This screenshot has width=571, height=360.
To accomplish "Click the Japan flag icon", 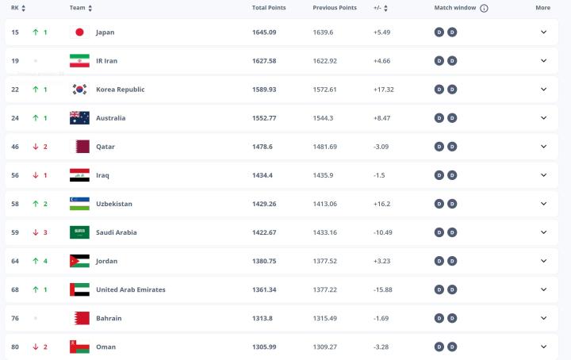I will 79,33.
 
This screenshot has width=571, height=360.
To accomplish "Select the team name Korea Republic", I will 120,90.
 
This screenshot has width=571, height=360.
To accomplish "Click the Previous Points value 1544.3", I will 324,118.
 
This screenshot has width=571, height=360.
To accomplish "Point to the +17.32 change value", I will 384,90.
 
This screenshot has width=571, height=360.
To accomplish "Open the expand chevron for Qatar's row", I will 543,147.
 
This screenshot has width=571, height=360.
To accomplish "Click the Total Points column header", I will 268,7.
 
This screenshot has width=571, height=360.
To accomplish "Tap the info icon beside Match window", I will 484,8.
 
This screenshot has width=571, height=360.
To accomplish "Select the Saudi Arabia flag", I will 79,232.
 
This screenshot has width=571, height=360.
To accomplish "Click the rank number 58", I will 15,204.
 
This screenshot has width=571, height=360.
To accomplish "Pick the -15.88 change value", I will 385,289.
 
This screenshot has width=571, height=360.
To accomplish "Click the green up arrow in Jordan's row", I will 35,261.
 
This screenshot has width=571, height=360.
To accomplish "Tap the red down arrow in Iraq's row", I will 35,175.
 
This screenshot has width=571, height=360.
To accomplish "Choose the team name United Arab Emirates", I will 131,289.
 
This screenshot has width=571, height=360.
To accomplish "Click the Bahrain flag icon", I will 79,318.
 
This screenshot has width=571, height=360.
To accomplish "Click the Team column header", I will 77,8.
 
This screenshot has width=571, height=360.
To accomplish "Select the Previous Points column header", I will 335,7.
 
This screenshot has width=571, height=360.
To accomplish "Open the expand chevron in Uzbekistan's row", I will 543,204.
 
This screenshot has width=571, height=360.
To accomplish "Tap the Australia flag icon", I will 79,118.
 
